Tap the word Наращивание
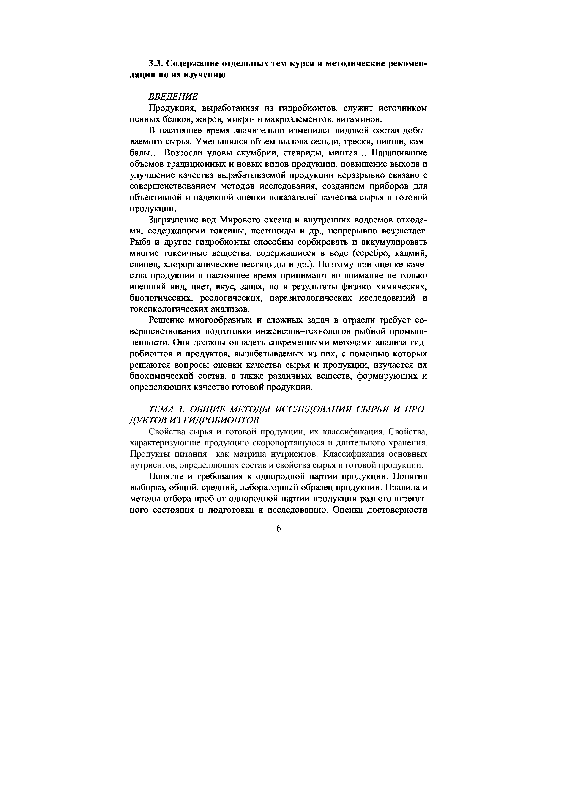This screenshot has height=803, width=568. pos(399,153)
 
